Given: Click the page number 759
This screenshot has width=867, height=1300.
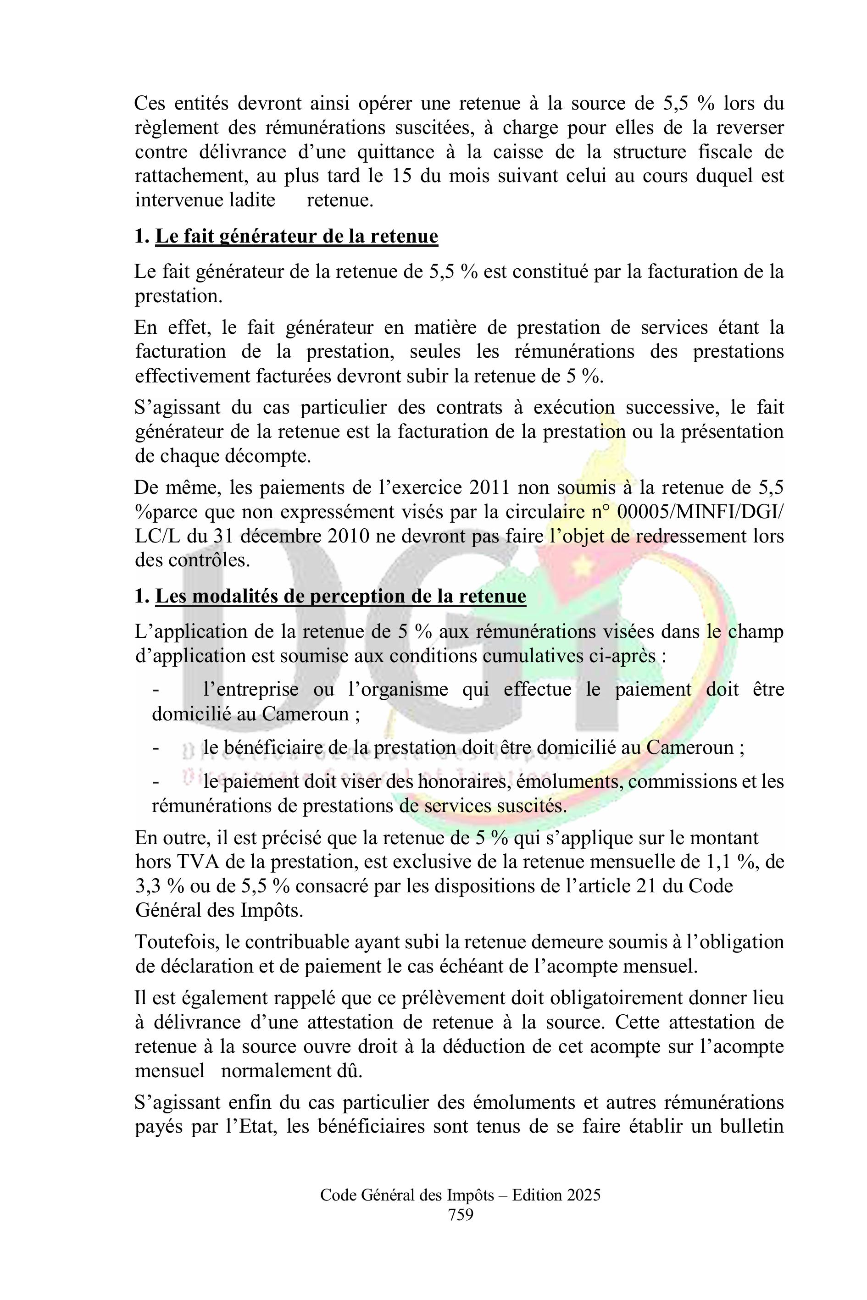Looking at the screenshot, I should (x=461, y=1214).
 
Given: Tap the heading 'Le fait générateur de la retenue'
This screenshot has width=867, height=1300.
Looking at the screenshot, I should (x=296, y=236).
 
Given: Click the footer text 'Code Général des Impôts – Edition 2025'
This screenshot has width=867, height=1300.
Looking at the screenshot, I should (x=461, y=1195).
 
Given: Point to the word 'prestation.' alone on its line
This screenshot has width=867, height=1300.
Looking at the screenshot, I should (x=178, y=296).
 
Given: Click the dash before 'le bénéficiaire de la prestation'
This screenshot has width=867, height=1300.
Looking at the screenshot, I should (x=156, y=748).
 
